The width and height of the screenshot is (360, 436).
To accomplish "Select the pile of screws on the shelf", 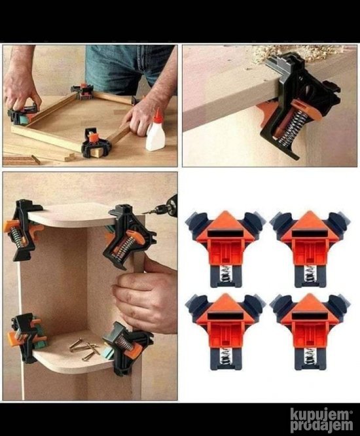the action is click(x=84, y=348).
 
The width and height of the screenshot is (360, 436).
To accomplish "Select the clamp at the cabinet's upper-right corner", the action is click(x=128, y=237).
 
